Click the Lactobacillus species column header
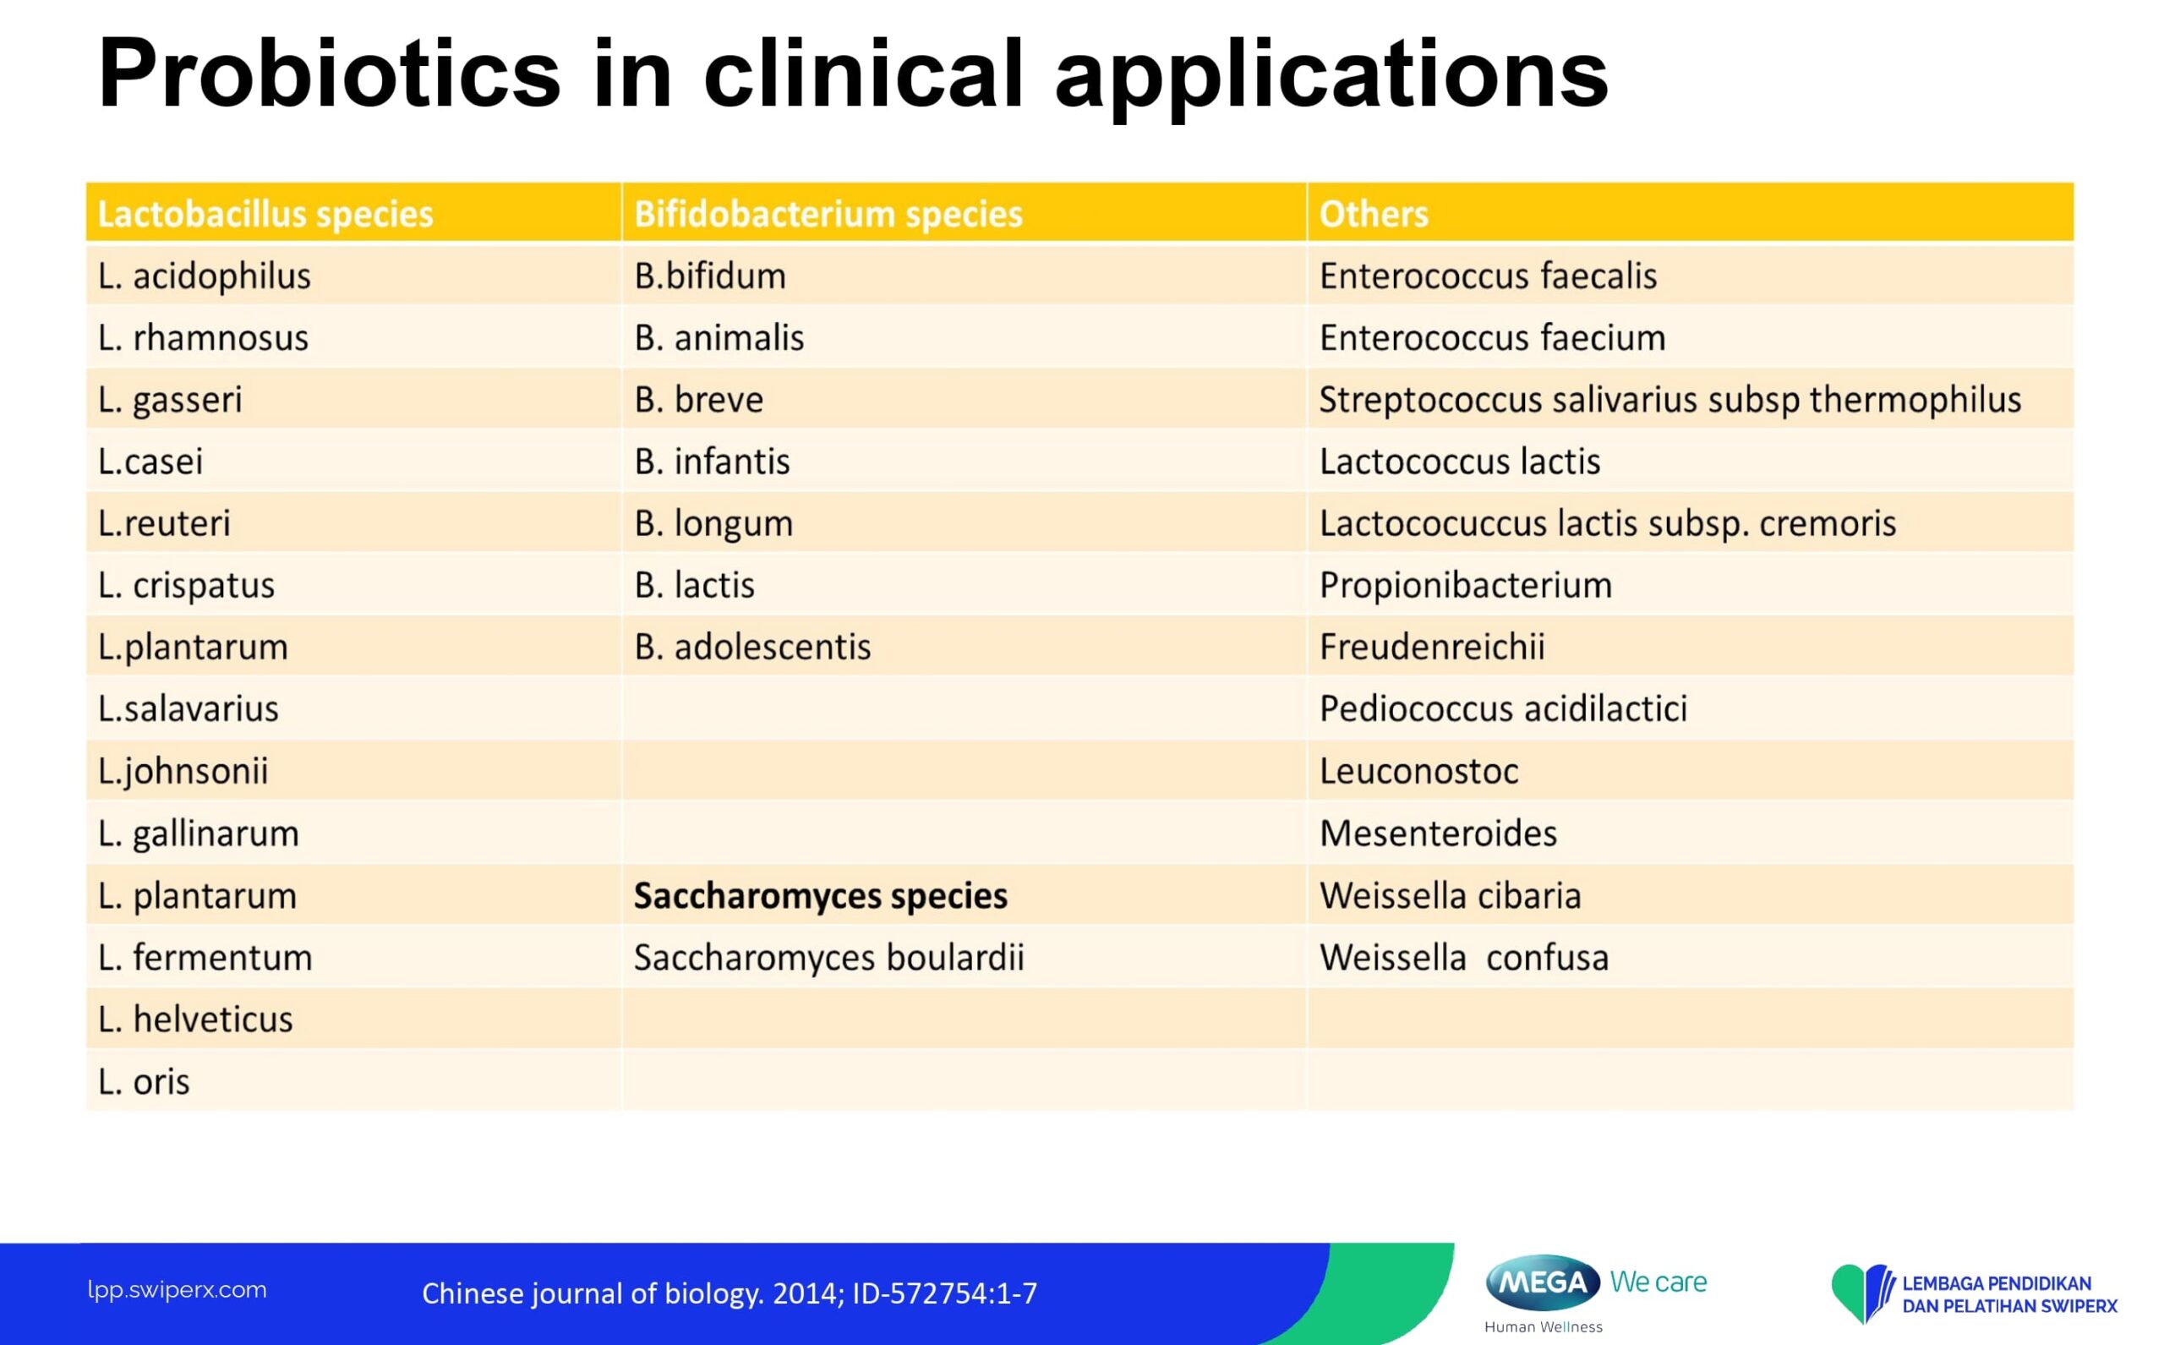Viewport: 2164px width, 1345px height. pyautogui.click(x=265, y=215)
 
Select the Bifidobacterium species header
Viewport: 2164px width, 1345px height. pyautogui.click(x=828, y=215)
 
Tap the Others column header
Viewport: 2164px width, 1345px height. pyautogui.click(x=1374, y=215)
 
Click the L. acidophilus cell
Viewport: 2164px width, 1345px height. pyautogui.click(x=205, y=276)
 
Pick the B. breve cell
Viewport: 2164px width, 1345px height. pyautogui.click(x=699, y=399)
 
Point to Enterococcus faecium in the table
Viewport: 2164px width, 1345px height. pyautogui.click(x=1493, y=338)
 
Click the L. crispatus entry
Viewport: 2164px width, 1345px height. pyautogui.click(x=187, y=586)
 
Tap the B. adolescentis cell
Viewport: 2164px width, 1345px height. pyautogui.click(x=752, y=647)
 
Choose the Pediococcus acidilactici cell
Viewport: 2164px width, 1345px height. pyautogui.click(x=1503, y=709)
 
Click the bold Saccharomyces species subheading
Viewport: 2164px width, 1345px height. pyautogui.click(x=820, y=896)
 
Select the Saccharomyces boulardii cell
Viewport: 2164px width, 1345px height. pyautogui.click(x=829, y=958)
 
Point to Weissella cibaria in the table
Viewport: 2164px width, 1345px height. pyautogui.click(x=1451, y=896)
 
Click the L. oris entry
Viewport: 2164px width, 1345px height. pyautogui.click(x=144, y=1082)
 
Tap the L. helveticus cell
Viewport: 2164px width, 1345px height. pyautogui.click(x=195, y=1020)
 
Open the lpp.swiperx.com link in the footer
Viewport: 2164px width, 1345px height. pyautogui.click(x=177, y=1291)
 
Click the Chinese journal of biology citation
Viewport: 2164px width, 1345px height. pyautogui.click(x=730, y=1293)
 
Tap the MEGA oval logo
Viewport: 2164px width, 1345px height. pyautogui.click(x=1543, y=1282)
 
